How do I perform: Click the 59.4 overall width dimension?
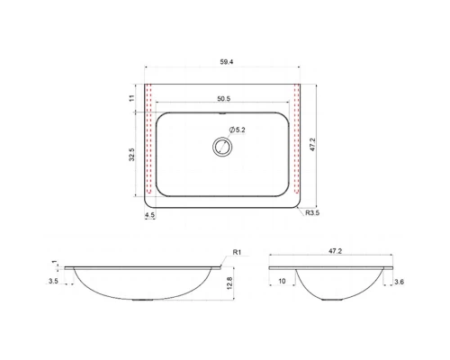pyautogui.click(x=227, y=62)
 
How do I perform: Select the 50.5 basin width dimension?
pyautogui.click(x=224, y=99)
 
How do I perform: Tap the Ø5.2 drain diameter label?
pyautogui.click(x=238, y=130)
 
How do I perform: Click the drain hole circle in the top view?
pyautogui.click(x=222, y=147)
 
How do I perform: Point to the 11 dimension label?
pyautogui.click(x=131, y=98)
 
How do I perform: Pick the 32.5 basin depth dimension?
pyautogui.click(x=132, y=155)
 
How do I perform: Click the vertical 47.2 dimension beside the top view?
pyautogui.click(x=312, y=144)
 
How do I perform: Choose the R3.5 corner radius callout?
pyautogui.click(x=312, y=213)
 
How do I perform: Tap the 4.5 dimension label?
pyautogui.click(x=149, y=215)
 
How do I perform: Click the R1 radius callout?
pyautogui.click(x=237, y=252)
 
